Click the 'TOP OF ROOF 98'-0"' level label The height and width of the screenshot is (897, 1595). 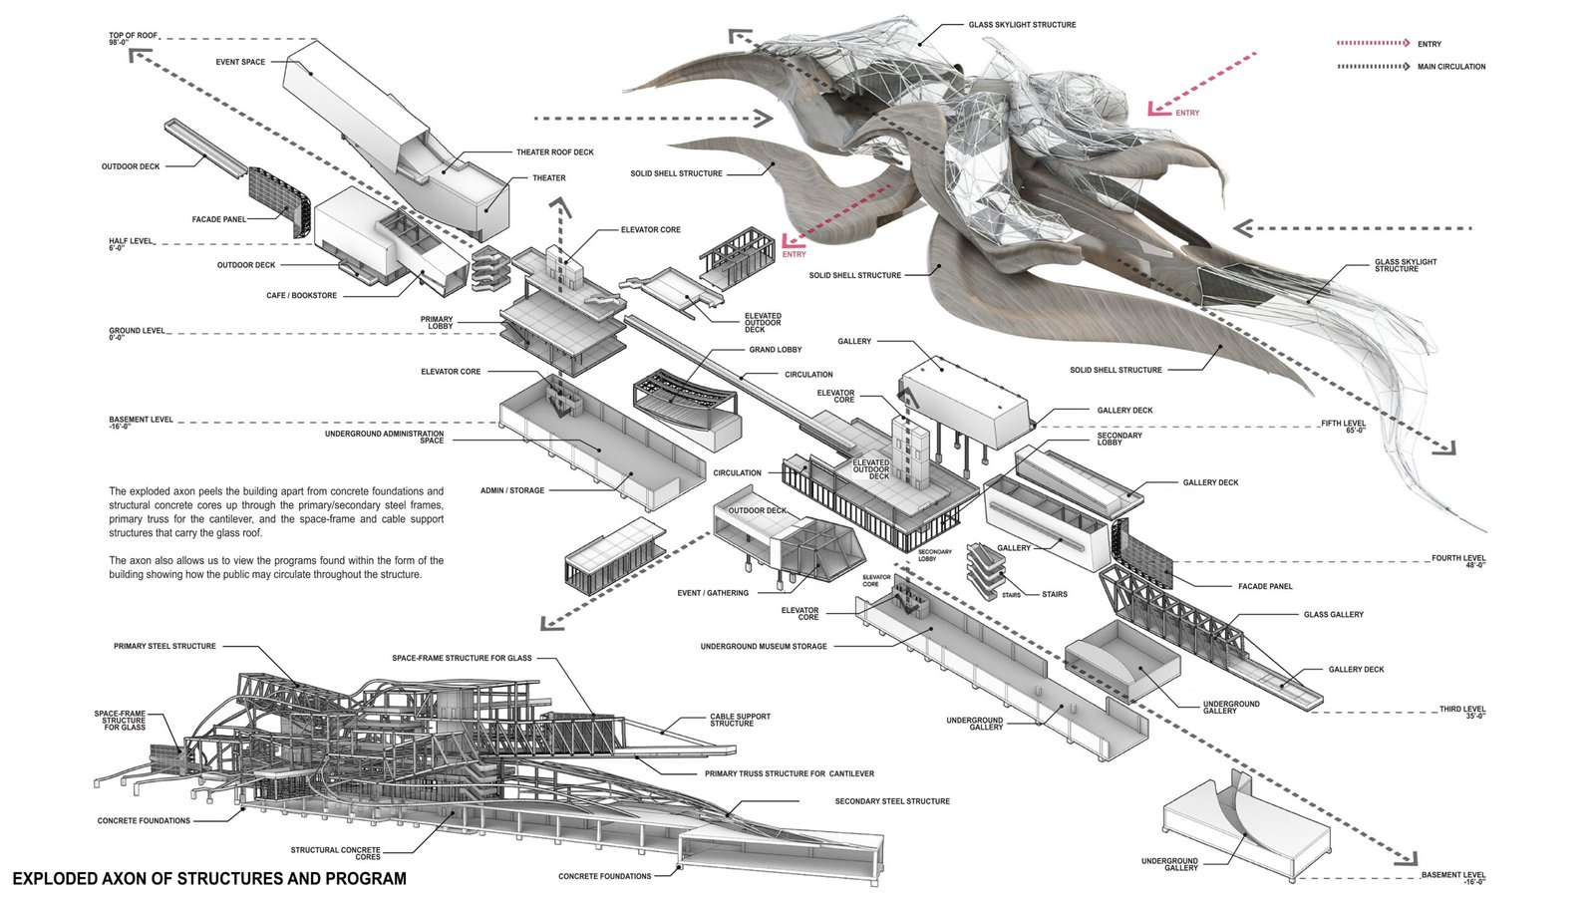pos(134,39)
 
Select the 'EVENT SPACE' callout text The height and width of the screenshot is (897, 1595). pos(240,62)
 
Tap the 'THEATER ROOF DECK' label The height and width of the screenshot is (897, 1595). pos(554,152)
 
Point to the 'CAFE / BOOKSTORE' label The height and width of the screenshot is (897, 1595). pos(301,296)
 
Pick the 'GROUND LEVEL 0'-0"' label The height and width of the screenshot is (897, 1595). pos(137,334)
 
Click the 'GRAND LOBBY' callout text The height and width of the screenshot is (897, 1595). pos(775,350)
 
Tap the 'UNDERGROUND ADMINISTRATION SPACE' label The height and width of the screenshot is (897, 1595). pos(384,437)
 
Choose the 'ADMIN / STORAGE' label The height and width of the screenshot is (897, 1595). pos(512,490)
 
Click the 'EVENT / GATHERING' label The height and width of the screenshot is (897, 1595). pos(713,593)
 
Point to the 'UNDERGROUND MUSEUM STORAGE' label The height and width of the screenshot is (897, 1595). pos(764,647)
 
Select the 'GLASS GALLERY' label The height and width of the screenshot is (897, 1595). pos(1333,615)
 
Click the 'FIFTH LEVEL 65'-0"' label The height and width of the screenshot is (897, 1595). pos(1343,427)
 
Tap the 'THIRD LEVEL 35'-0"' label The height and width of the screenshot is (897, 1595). pos(1461,713)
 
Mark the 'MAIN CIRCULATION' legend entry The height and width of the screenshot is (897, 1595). pos(1450,67)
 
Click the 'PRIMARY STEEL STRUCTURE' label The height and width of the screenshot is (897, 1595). pos(164,647)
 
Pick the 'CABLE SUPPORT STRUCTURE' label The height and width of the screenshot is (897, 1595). pos(740,720)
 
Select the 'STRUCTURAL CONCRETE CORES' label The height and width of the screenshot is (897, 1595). pos(335,853)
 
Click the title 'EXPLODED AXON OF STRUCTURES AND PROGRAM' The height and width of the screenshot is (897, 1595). pos(209,879)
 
